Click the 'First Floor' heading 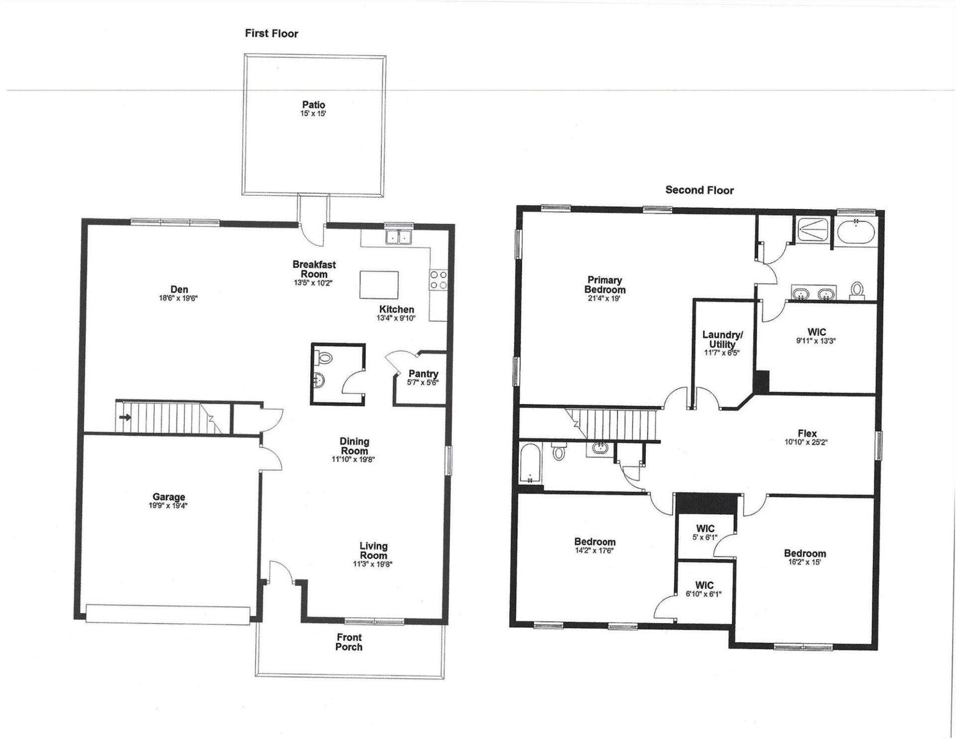click(x=271, y=33)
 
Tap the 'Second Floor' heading click(x=699, y=190)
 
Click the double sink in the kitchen click(x=399, y=237)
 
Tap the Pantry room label click(x=423, y=374)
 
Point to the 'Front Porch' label click(x=349, y=642)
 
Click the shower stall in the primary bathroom click(x=811, y=231)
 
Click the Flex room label click(x=806, y=434)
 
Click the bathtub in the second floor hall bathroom click(x=531, y=464)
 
